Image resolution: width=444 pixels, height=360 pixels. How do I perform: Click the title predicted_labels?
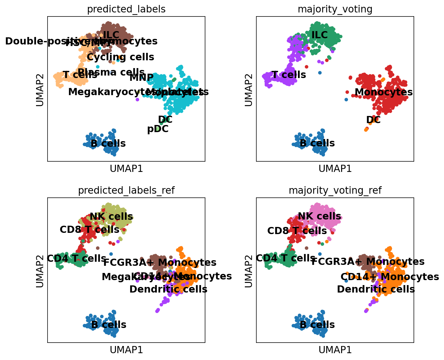tap(126, 9)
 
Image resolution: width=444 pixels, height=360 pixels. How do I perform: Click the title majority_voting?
tap(335, 9)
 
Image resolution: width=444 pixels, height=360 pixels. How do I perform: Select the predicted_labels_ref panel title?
tap(126, 190)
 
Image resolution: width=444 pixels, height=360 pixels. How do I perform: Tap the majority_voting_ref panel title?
tap(335, 190)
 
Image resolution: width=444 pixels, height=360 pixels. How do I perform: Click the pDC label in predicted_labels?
tap(158, 129)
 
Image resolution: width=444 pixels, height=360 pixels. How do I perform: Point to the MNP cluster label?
tap(141, 77)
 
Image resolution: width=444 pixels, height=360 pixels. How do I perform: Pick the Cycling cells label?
tap(121, 57)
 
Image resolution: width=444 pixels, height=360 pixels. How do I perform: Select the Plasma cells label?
tap(111, 72)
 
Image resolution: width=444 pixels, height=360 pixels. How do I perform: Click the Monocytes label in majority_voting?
tap(383, 92)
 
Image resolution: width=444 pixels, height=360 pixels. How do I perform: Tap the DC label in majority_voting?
tap(373, 120)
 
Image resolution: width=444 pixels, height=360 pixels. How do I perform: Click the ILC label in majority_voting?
tap(320, 35)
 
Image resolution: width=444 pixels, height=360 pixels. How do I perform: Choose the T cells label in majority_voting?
tap(289, 75)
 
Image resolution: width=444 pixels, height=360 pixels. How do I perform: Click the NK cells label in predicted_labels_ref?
tap(111, 216)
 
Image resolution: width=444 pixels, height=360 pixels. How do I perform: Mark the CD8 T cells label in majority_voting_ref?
tap(297, 231)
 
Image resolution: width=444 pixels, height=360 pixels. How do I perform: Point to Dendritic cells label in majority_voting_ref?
tap(376, 289)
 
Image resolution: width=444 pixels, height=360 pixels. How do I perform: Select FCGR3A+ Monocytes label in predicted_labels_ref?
tap(160, 262)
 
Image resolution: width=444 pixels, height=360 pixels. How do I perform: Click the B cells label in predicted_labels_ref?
tap(109, 325)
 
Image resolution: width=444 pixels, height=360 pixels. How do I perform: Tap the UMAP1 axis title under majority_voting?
tap(335, 168)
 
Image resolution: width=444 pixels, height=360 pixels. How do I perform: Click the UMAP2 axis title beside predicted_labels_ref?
tap(40, 270)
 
